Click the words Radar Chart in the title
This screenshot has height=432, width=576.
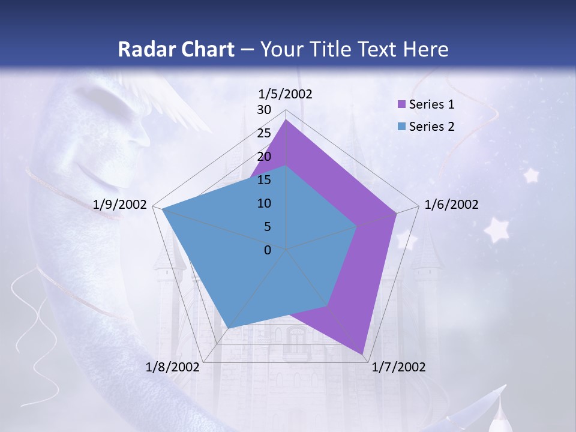click(176, 49)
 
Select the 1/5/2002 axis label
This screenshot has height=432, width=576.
click(285, 94)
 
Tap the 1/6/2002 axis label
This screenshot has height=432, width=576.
click(451, 205)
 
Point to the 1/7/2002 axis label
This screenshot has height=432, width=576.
click(398, 367)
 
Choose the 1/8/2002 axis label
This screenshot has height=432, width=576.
click(173, 367)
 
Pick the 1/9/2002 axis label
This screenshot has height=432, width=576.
click(120, 205)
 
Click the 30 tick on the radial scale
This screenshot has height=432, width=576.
click(264, 110)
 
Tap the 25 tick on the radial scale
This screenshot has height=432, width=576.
click(264, 133)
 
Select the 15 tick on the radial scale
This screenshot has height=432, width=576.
click(264, 180)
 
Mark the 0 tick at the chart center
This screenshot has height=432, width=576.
click(268, 250)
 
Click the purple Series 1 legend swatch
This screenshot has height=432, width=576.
click(402, 104)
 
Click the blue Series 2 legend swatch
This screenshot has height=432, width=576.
click(402, 126)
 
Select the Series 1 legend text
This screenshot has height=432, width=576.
click(431, 104)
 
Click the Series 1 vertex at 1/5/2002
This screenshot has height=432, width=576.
click(286, 120)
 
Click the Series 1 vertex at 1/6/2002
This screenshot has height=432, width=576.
click(397, 213)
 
